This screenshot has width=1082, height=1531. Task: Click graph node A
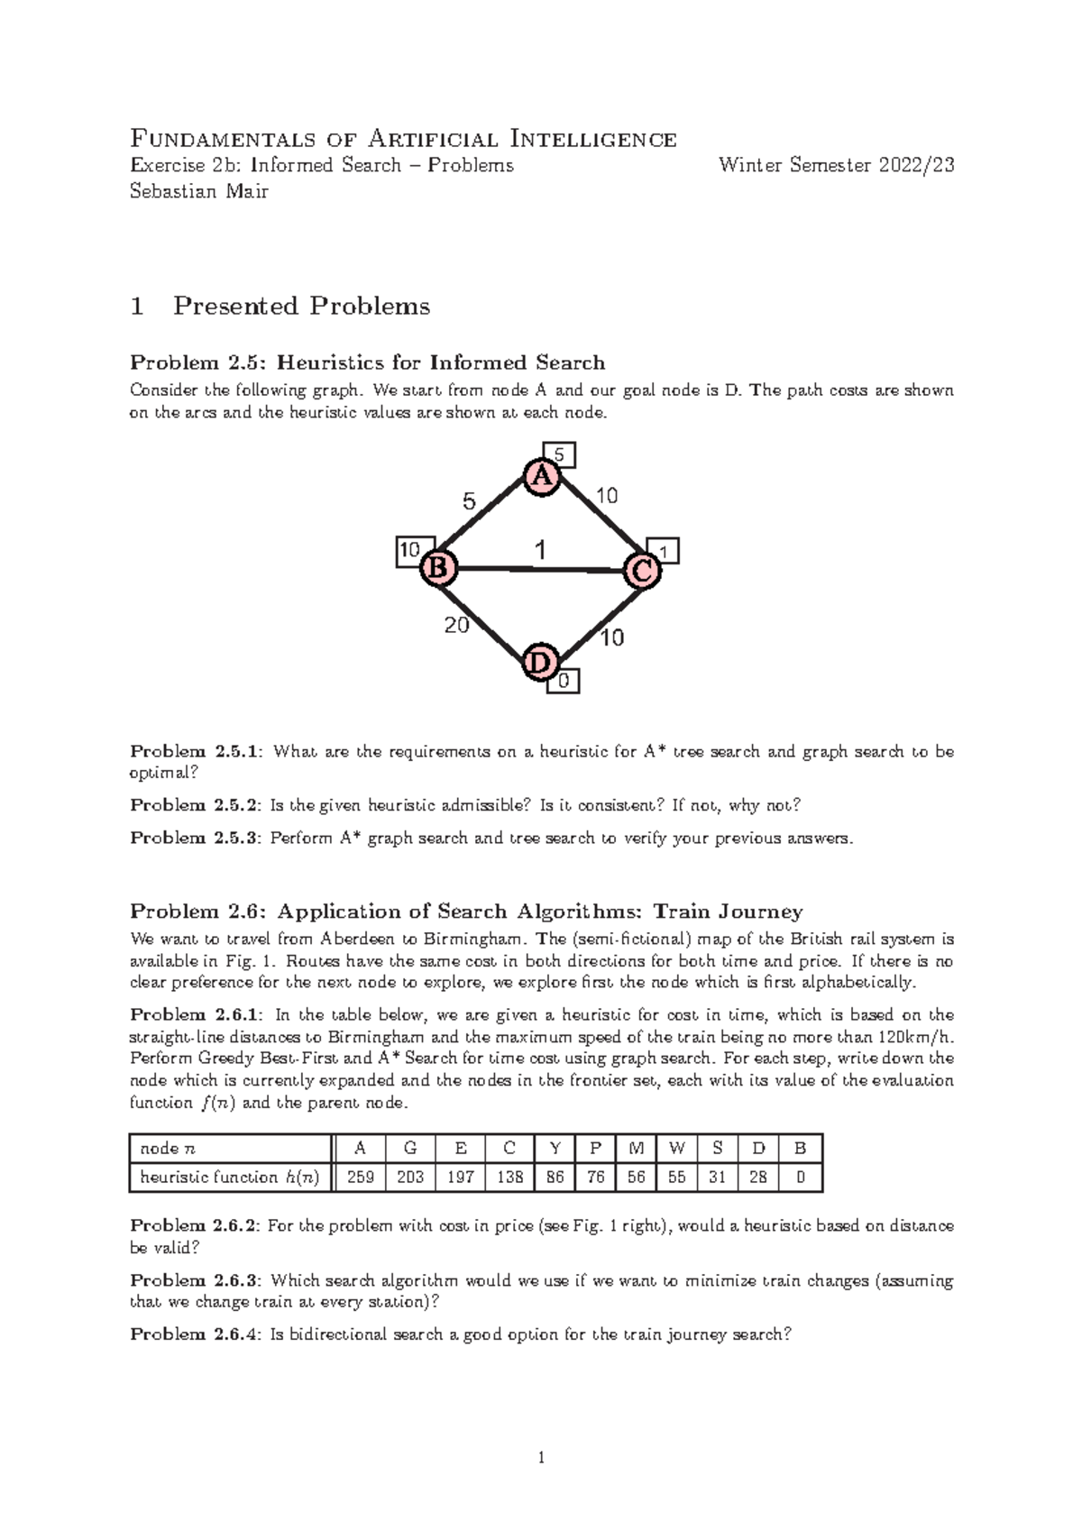(x=542, y=477)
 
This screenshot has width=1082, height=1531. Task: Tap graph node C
(x=643, y=571)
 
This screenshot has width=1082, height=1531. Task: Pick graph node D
(x=540, y=663)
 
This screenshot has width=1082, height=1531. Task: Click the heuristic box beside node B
(x=409, y=551)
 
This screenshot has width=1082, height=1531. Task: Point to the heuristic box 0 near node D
(x=564, y=682)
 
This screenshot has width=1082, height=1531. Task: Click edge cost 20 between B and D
(x=457, y=624)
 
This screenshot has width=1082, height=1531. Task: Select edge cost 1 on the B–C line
(x=539, y=549)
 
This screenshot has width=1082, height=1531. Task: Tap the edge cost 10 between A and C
(x=606, y=495)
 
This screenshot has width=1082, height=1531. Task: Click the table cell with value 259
(x=361, y=1177)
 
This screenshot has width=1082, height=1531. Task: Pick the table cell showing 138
(x=509, y=1177)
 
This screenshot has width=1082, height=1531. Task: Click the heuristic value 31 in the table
(x=717, y=1177)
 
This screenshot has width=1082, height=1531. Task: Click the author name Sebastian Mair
(x=199, y=191)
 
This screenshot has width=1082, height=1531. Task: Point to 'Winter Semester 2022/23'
(x=836, y=165)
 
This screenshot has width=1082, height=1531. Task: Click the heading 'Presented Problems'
(x=301, y=307)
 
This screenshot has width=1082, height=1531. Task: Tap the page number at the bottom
(x=541, y=1458)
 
